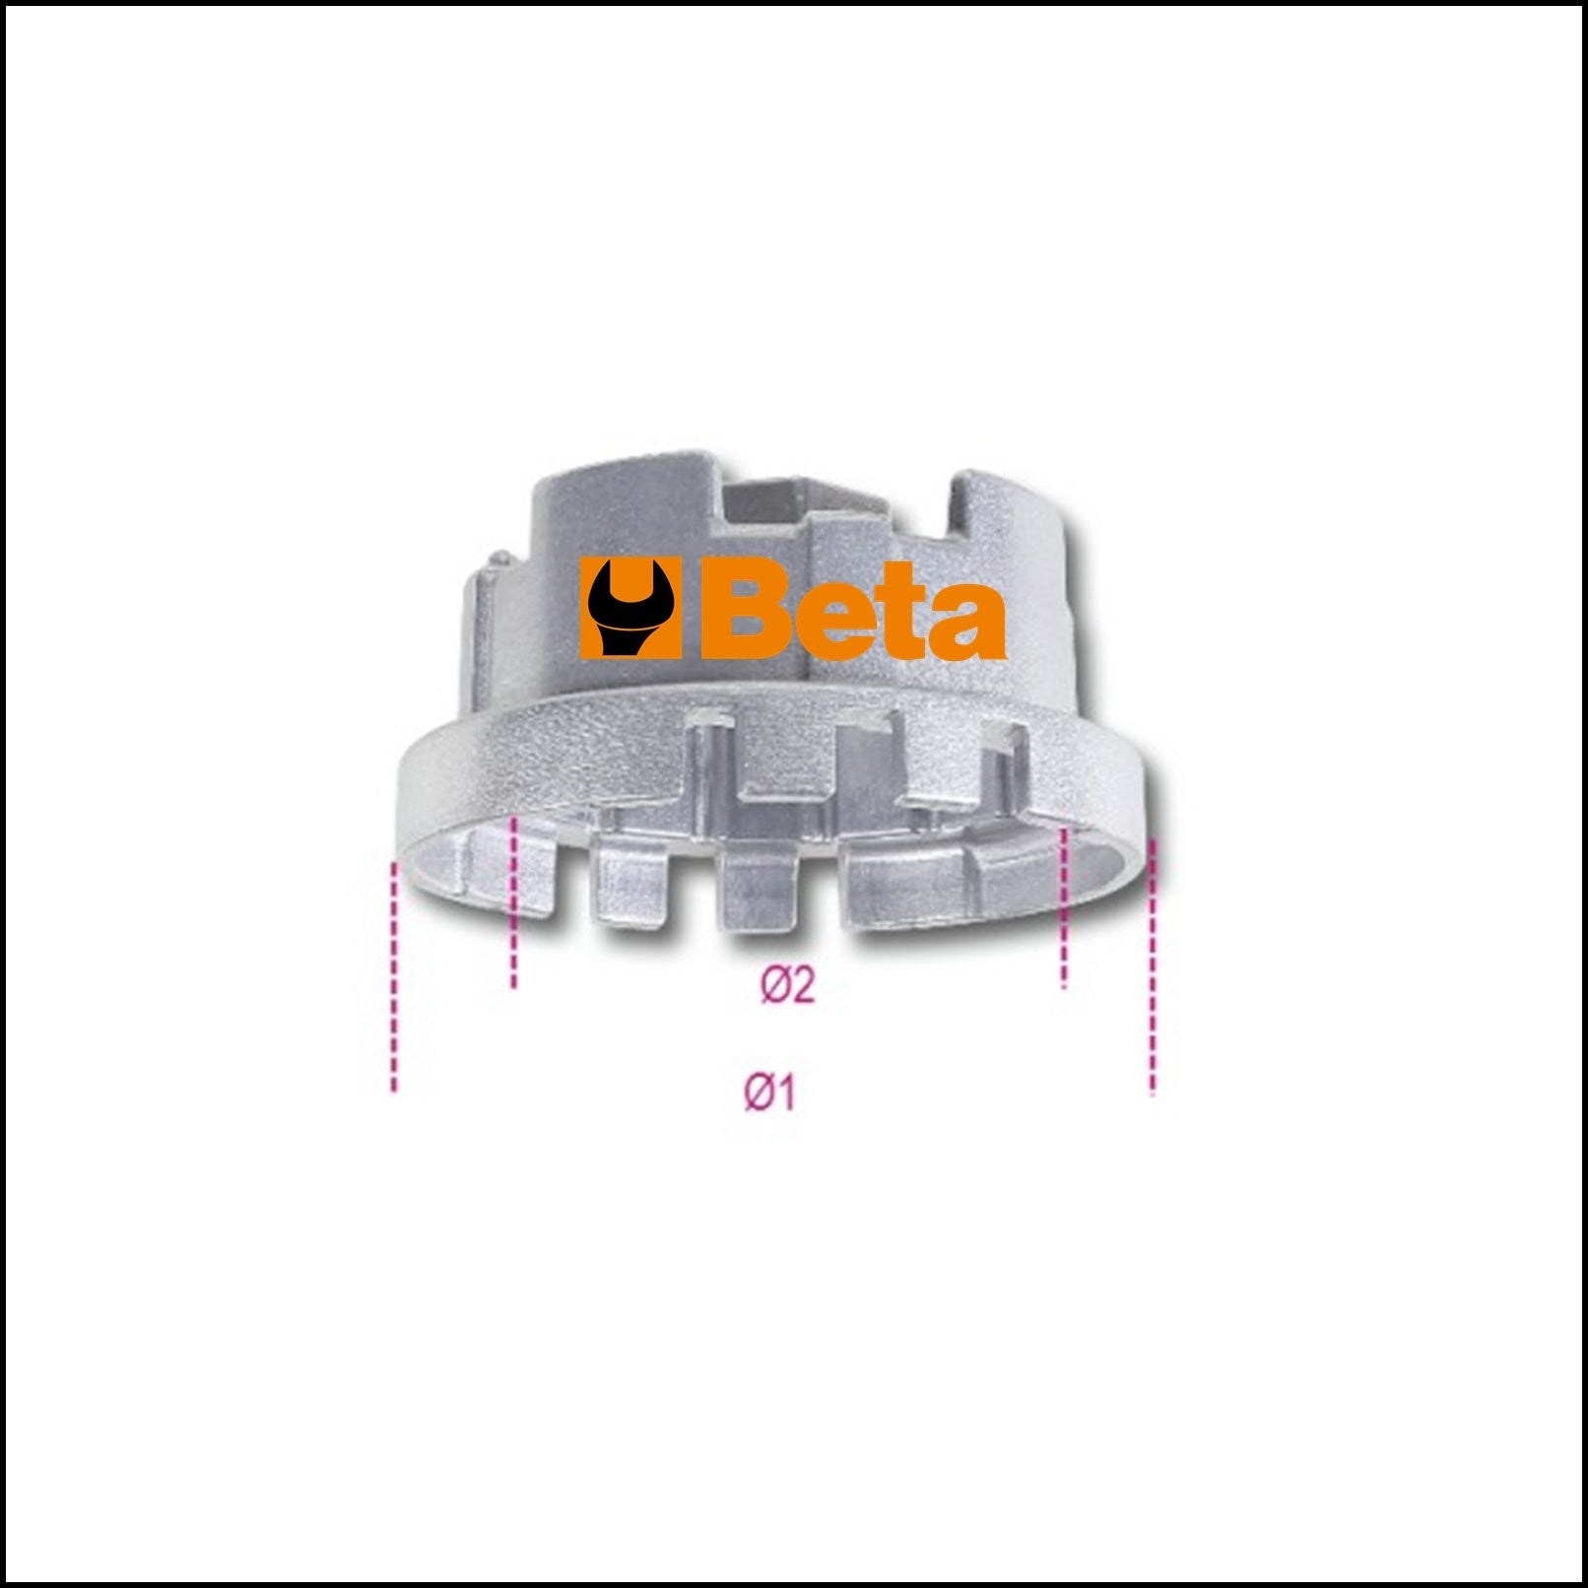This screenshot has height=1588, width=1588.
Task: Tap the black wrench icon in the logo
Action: tap(629, 609)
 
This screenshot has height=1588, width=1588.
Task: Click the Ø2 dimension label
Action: tap(788, 984)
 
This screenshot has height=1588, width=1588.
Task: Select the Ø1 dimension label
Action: tap(769, 1092)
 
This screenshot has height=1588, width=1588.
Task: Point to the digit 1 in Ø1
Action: tap(784, 1092)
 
